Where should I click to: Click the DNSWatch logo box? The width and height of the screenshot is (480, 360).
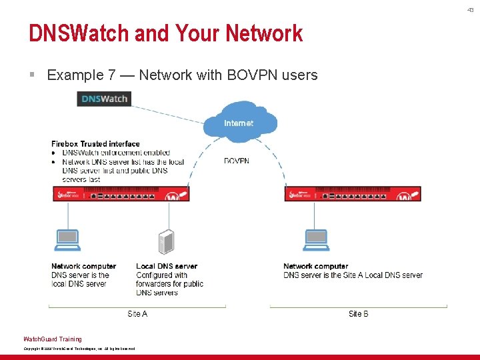(x=103, y=99)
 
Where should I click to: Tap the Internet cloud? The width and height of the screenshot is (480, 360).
(x=239, y=122)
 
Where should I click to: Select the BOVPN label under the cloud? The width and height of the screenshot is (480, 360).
(x=237, y=161)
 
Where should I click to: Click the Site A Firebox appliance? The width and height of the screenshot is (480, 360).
(x=121, y=193)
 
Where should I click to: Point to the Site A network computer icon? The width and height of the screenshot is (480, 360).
(x=67, y=239)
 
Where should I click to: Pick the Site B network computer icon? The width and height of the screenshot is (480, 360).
(x=315, y=239)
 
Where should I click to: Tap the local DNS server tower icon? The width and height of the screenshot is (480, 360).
(x=166, y=242)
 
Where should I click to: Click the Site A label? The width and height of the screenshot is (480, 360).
(x=137, y=313)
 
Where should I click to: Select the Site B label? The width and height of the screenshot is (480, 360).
(x=358, y=313)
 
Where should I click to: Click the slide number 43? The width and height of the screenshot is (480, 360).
(x=471, y=9)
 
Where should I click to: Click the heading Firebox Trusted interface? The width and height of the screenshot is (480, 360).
(x=95, y=143)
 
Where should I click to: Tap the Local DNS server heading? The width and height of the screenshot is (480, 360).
(x=167, y=267)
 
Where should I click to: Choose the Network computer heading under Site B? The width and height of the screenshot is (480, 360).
(x=315, y=267)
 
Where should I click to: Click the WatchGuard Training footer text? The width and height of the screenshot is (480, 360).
(x=53, y=339)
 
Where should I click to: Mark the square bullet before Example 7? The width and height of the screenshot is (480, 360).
(x=32, y=75)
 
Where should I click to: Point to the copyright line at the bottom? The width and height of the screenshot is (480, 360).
(x=79, y=349)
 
